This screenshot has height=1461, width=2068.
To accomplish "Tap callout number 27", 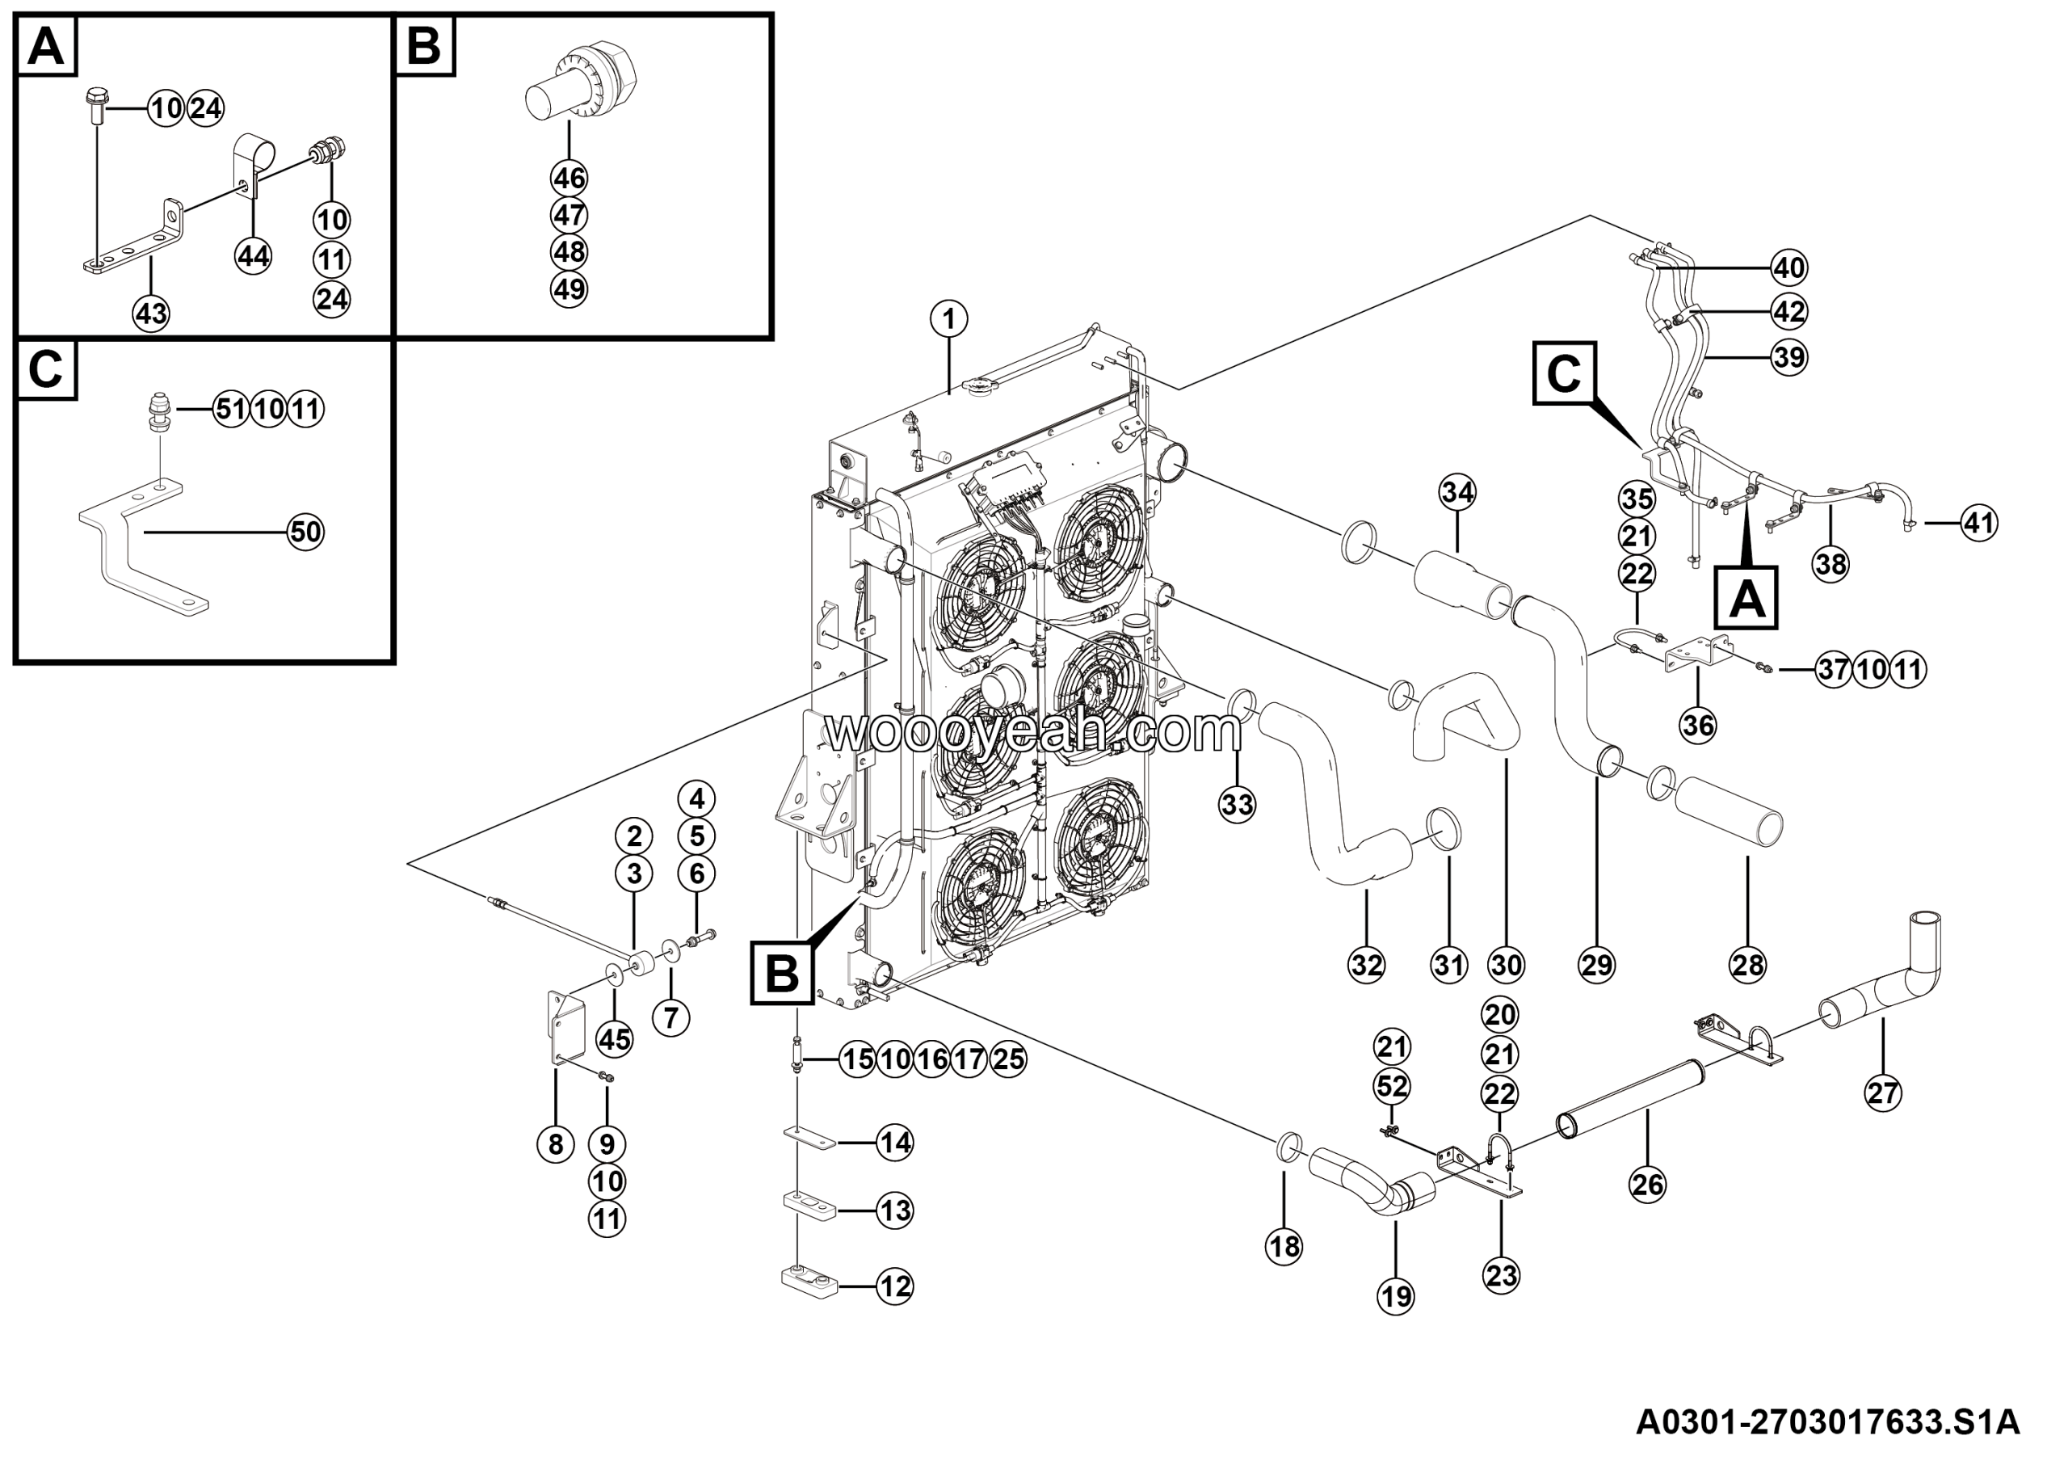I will click(1882, 1093).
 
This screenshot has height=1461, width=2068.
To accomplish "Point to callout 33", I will click(1237, 803).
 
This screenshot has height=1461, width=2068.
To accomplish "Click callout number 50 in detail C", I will click(305, 532).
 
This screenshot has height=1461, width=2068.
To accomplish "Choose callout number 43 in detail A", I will click(150, 314).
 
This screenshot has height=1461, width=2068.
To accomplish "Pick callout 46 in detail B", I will click(570, 178).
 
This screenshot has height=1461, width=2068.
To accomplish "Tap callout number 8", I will click(555, 1144).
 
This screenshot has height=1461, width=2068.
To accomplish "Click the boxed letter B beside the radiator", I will click(781, 973).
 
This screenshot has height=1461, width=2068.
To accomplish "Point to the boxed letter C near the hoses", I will click(1565, 373).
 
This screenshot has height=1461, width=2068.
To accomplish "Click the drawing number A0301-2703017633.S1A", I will click(1827, 1422).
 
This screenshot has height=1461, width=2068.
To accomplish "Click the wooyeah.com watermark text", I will click(1034, 731).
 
